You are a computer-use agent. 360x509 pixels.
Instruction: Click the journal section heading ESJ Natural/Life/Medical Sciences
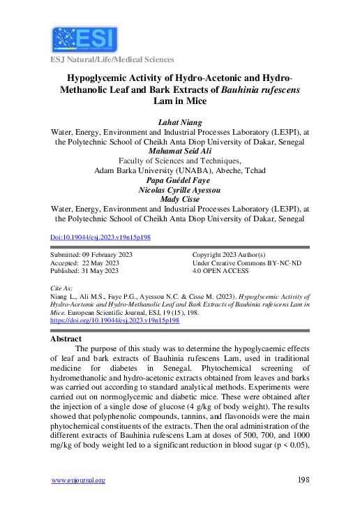112,60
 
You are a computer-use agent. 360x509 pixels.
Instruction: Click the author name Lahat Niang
180,122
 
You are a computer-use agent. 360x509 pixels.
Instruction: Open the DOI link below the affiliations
101,237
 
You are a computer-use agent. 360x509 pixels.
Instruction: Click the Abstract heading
66,338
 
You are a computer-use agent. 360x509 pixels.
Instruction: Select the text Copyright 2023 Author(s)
230,255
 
